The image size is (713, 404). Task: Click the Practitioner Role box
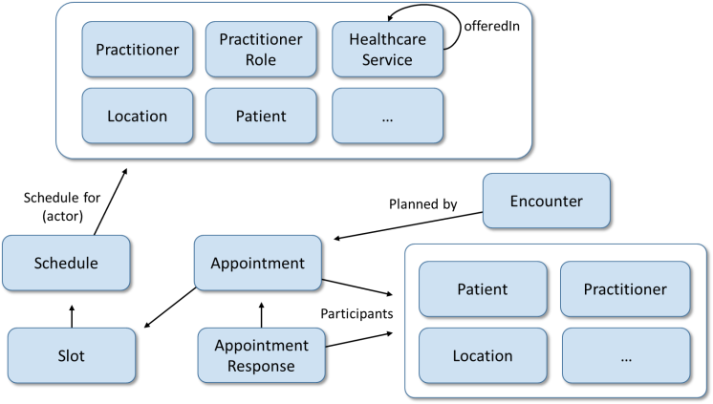tap(261, 49)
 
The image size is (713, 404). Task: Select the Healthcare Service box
tap(387, 49)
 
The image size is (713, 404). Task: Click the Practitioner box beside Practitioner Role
tap(138, 49)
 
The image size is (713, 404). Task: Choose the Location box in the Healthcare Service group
tap(138, 117)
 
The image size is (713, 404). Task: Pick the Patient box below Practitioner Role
tap(261, 117)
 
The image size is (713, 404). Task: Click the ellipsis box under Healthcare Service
tap(387, 117)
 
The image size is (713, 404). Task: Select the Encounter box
tap(546, 201)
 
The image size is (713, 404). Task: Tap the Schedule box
tap(66, 263)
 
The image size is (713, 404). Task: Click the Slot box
tap(72, 356)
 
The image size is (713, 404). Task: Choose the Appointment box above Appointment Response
tap(257, 263)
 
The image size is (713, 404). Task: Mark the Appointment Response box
tap(261, 355)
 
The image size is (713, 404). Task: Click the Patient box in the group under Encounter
tap(483, 289)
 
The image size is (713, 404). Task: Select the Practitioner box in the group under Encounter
tap(625, 289)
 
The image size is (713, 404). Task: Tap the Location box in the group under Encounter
tap(483, 355)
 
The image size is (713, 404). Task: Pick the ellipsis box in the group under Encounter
tap(625, 355)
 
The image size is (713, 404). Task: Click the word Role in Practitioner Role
tap(261, 59)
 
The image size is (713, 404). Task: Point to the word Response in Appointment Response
tap(261, 366)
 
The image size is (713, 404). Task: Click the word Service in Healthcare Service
tap(387, 59)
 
